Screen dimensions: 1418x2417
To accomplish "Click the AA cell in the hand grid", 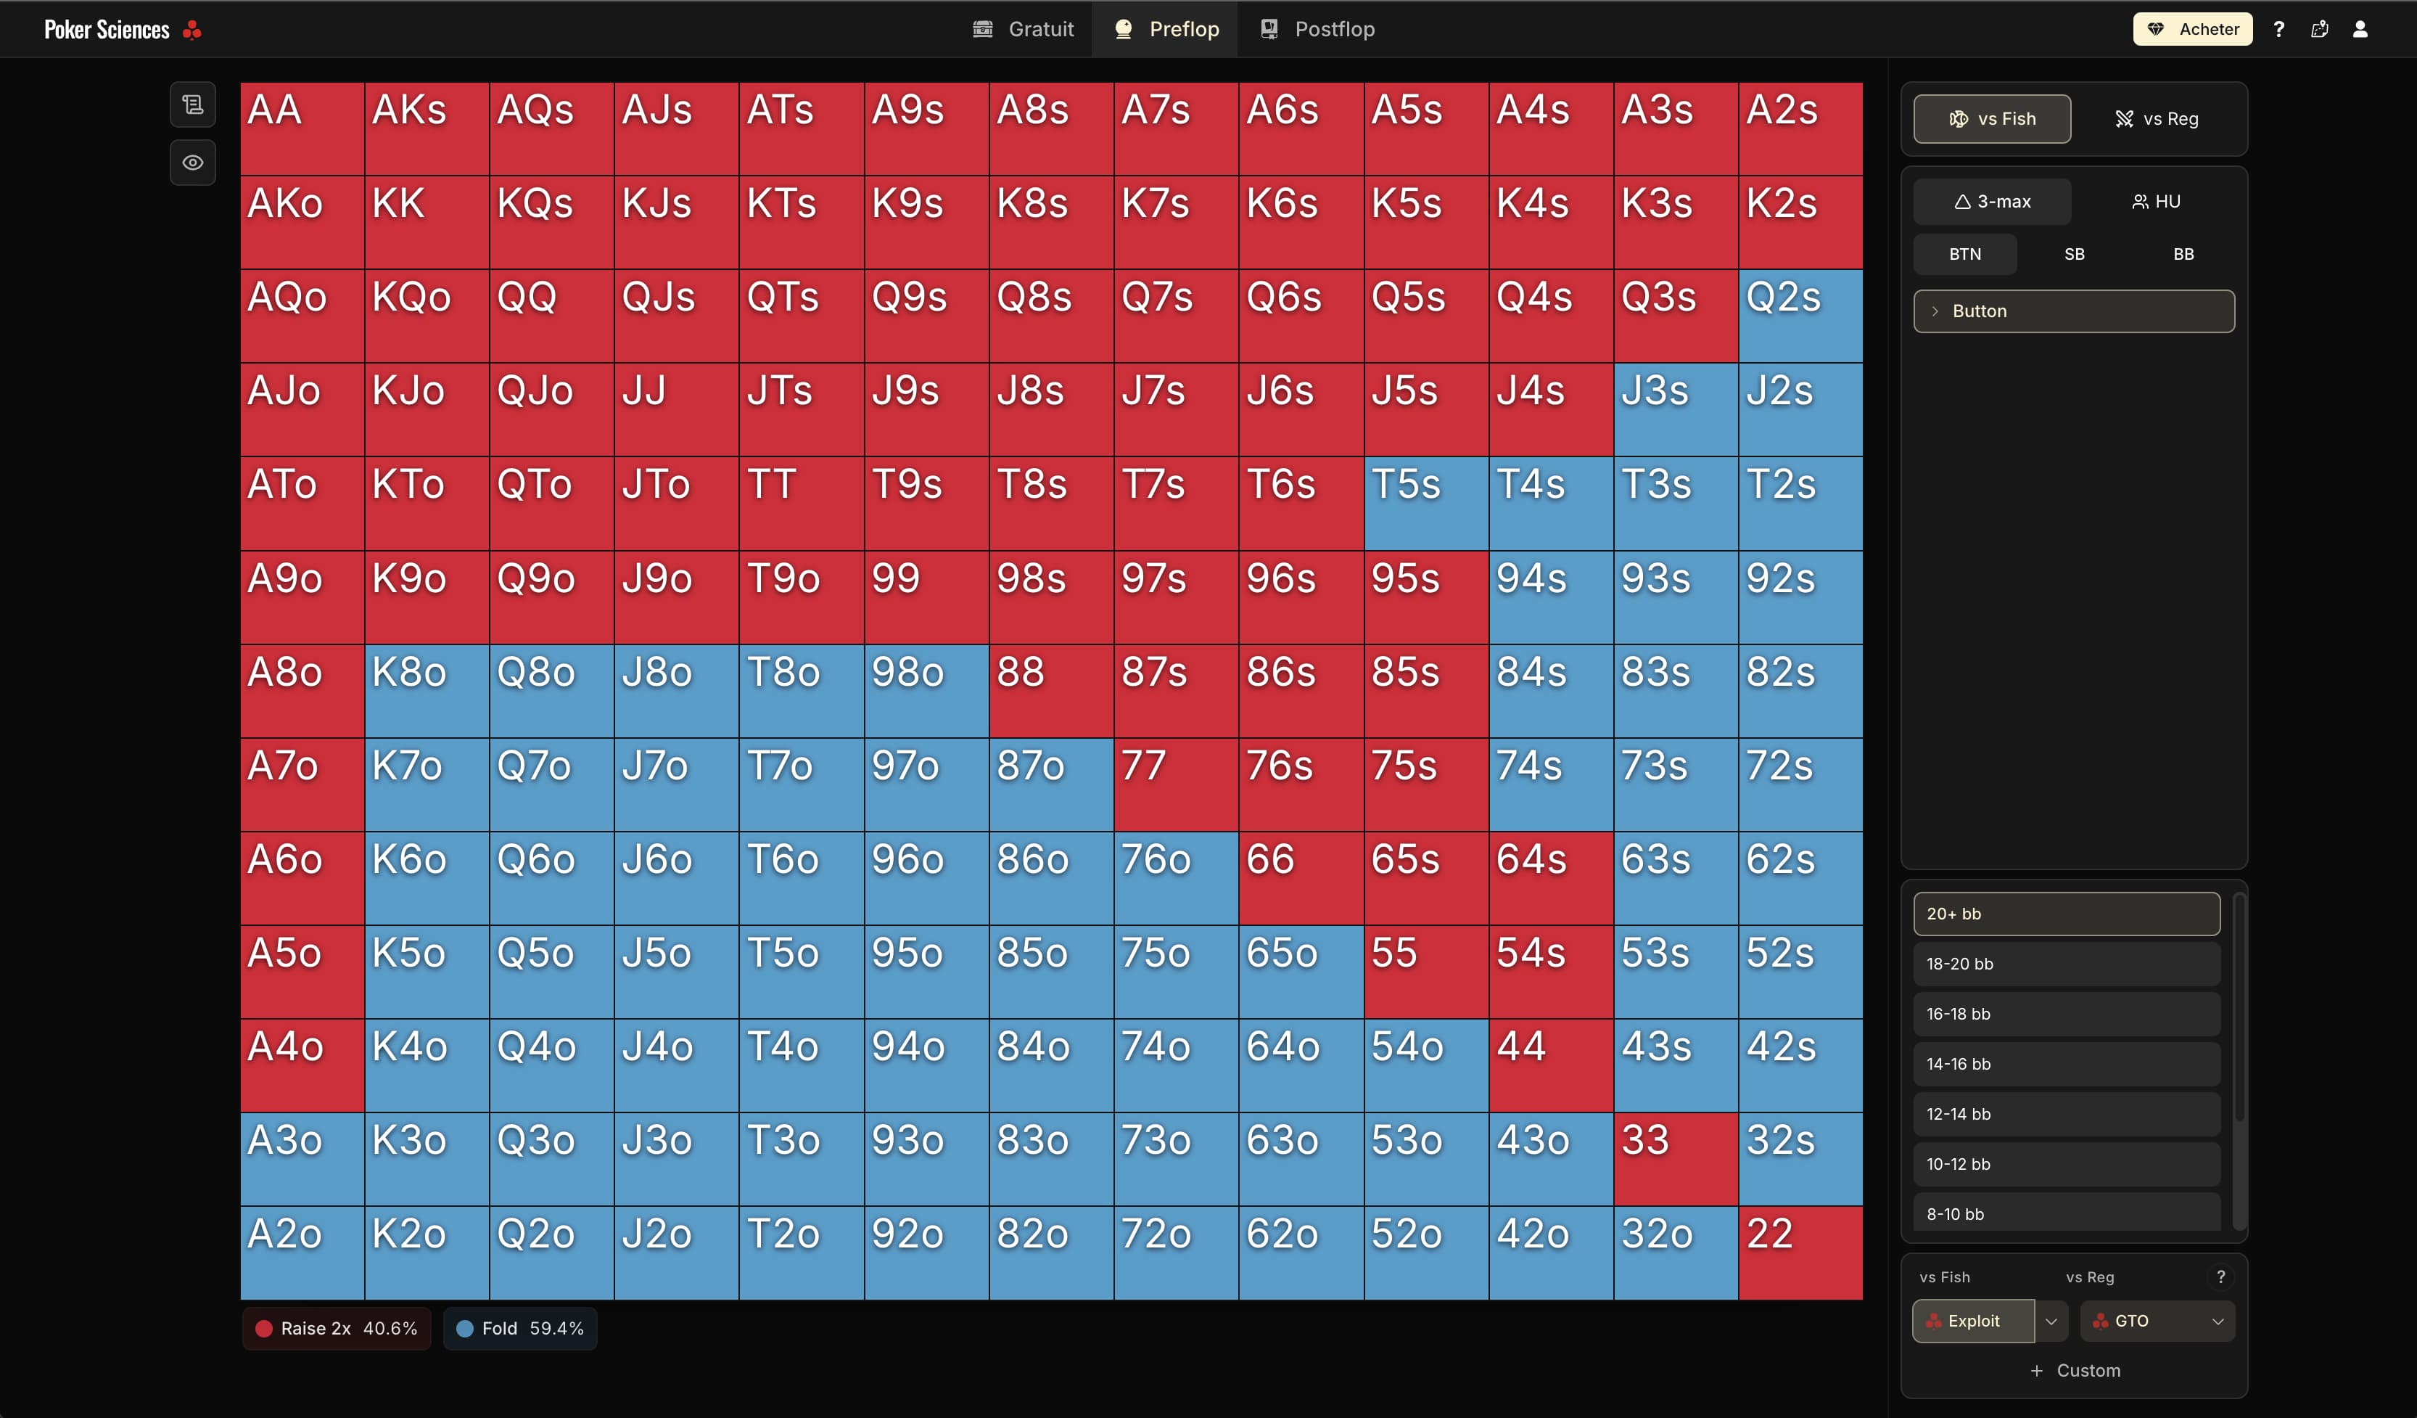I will click(302, 128).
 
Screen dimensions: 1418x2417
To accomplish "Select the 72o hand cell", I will click(1176, 1252).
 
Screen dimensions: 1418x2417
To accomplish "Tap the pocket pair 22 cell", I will click(1800, 1252).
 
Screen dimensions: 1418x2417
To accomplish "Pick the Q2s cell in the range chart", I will click(1800, 316).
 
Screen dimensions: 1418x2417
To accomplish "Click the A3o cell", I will click(302, 1159).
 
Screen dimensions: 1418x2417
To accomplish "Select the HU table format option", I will click(2155, 202).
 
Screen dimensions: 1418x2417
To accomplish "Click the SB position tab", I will click(2074, 254).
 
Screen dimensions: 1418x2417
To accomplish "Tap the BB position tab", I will click(2183, 254).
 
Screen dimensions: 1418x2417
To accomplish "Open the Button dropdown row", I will click(2074, 311).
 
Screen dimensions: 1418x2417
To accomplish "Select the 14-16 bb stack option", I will click(2066, 1064).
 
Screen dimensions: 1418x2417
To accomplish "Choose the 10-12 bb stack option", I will click(2066, 1164).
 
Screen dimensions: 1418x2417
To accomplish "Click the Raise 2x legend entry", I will click(337, 1329).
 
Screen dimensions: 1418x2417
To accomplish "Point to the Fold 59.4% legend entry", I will click(521, 1329).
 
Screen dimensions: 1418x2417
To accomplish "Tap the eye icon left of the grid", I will click(193, 162).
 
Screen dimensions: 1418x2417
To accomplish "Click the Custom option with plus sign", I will click(2075, 1371).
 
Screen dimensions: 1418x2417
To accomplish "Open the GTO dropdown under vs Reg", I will click(2157, 1321).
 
